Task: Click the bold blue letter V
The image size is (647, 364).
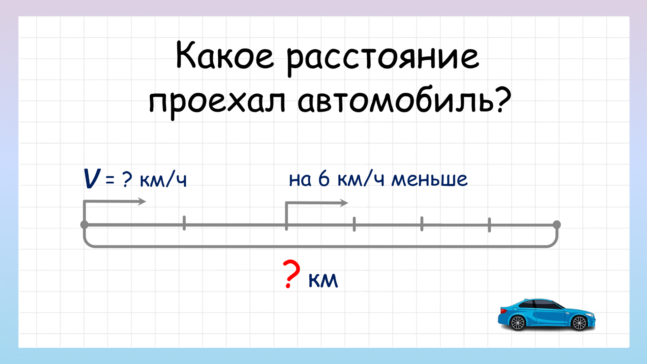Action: [92, 179]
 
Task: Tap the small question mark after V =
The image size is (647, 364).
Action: [127, 180]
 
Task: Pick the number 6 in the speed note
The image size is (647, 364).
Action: [324, 178]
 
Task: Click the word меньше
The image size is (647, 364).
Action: [429, 179]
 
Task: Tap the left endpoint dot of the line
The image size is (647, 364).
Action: [84, 224]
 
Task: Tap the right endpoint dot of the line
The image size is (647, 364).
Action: [557, 224]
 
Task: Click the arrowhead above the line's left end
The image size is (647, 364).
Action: [142, 202]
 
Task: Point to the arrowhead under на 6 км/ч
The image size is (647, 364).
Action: [344, 203]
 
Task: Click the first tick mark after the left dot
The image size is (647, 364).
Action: [184, 223]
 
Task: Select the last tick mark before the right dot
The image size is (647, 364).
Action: [489, 225]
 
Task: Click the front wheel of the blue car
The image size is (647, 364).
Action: [579, 323]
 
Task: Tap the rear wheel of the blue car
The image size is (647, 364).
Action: [518, 323]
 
